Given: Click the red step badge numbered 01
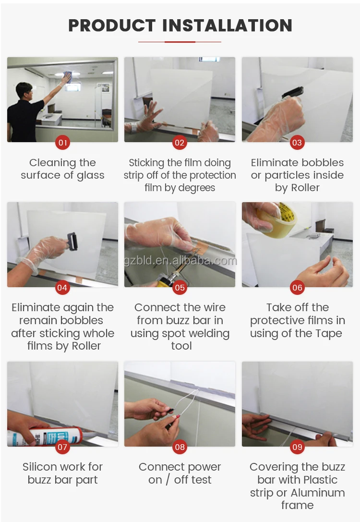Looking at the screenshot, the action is (x=62, y=143).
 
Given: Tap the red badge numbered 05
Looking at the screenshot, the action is (x=180, y=288).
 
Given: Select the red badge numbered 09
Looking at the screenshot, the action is (x=297, y=447).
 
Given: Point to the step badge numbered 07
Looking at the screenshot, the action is (x=62, y=447).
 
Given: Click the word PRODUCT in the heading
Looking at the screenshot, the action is (x=112, y=25).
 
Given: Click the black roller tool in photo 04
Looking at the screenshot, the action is (x=72, y=241).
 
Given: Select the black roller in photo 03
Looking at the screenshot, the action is (x=293, y=92).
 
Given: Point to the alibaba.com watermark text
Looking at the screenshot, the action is (x=180, y=260).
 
